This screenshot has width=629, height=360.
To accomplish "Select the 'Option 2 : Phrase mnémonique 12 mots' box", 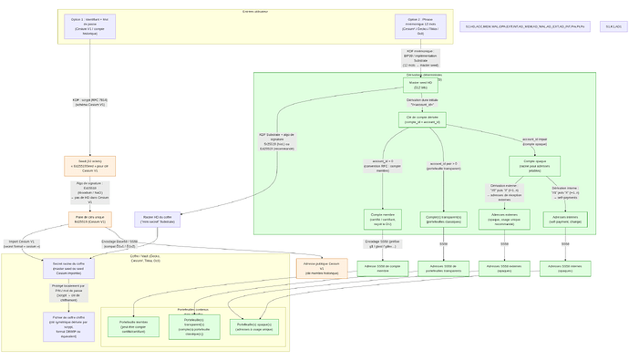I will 420,26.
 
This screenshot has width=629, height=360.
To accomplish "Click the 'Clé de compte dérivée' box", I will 421,119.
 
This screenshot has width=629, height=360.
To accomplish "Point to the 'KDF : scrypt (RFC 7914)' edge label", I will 89,102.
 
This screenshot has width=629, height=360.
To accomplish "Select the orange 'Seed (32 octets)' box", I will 89,165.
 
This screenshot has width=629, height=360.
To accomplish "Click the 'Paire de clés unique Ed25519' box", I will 89,220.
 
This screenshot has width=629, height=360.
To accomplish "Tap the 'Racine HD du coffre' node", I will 160,219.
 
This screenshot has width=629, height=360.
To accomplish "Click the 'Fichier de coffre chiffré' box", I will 68,325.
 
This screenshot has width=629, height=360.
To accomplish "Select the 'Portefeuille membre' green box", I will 133,326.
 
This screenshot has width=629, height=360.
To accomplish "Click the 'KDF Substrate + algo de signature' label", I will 282,141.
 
